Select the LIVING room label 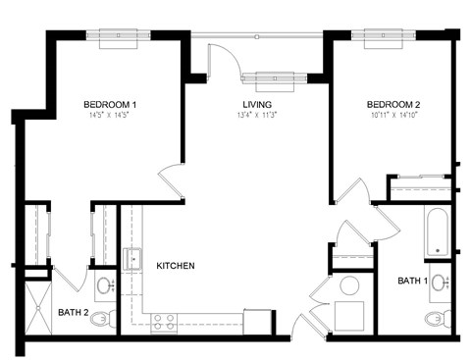pos(257,104)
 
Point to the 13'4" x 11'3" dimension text pos(257,115)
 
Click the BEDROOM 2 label pos(393,104)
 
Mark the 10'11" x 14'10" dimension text pos(393,115)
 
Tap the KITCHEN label pos(175,266)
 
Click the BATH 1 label pos(412,282)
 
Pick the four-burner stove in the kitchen pos(163,319)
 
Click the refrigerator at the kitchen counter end pos(258,322)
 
